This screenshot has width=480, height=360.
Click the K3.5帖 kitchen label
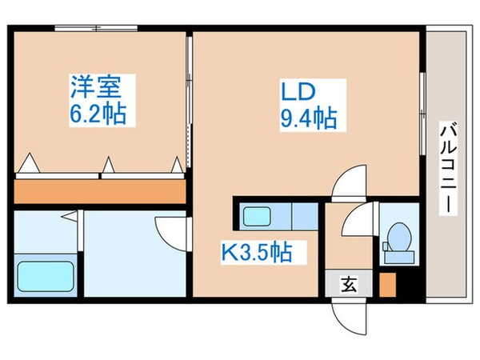coord(256,254)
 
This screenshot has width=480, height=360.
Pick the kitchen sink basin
coord(257,216)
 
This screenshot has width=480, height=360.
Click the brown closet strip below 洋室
coord(100,190)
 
